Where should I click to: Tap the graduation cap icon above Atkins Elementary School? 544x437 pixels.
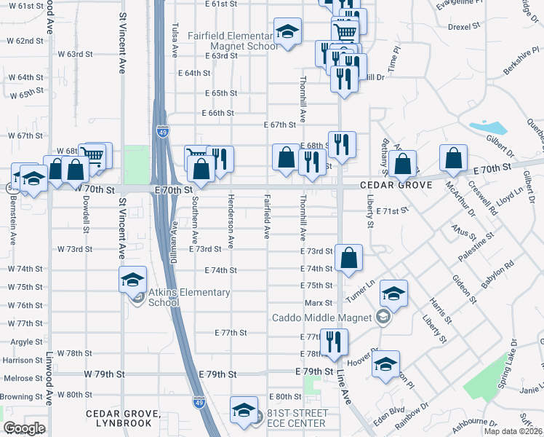click(x=133, y=280)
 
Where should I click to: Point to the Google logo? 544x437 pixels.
click(x=24, y=428)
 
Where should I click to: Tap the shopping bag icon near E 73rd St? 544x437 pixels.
click(x=349, y=257)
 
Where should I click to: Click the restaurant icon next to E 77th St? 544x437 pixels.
click(x=334, y=341)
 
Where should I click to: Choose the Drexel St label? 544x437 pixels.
click(x=465, y=25)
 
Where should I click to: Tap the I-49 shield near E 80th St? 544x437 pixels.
click(x=199, y=401)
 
